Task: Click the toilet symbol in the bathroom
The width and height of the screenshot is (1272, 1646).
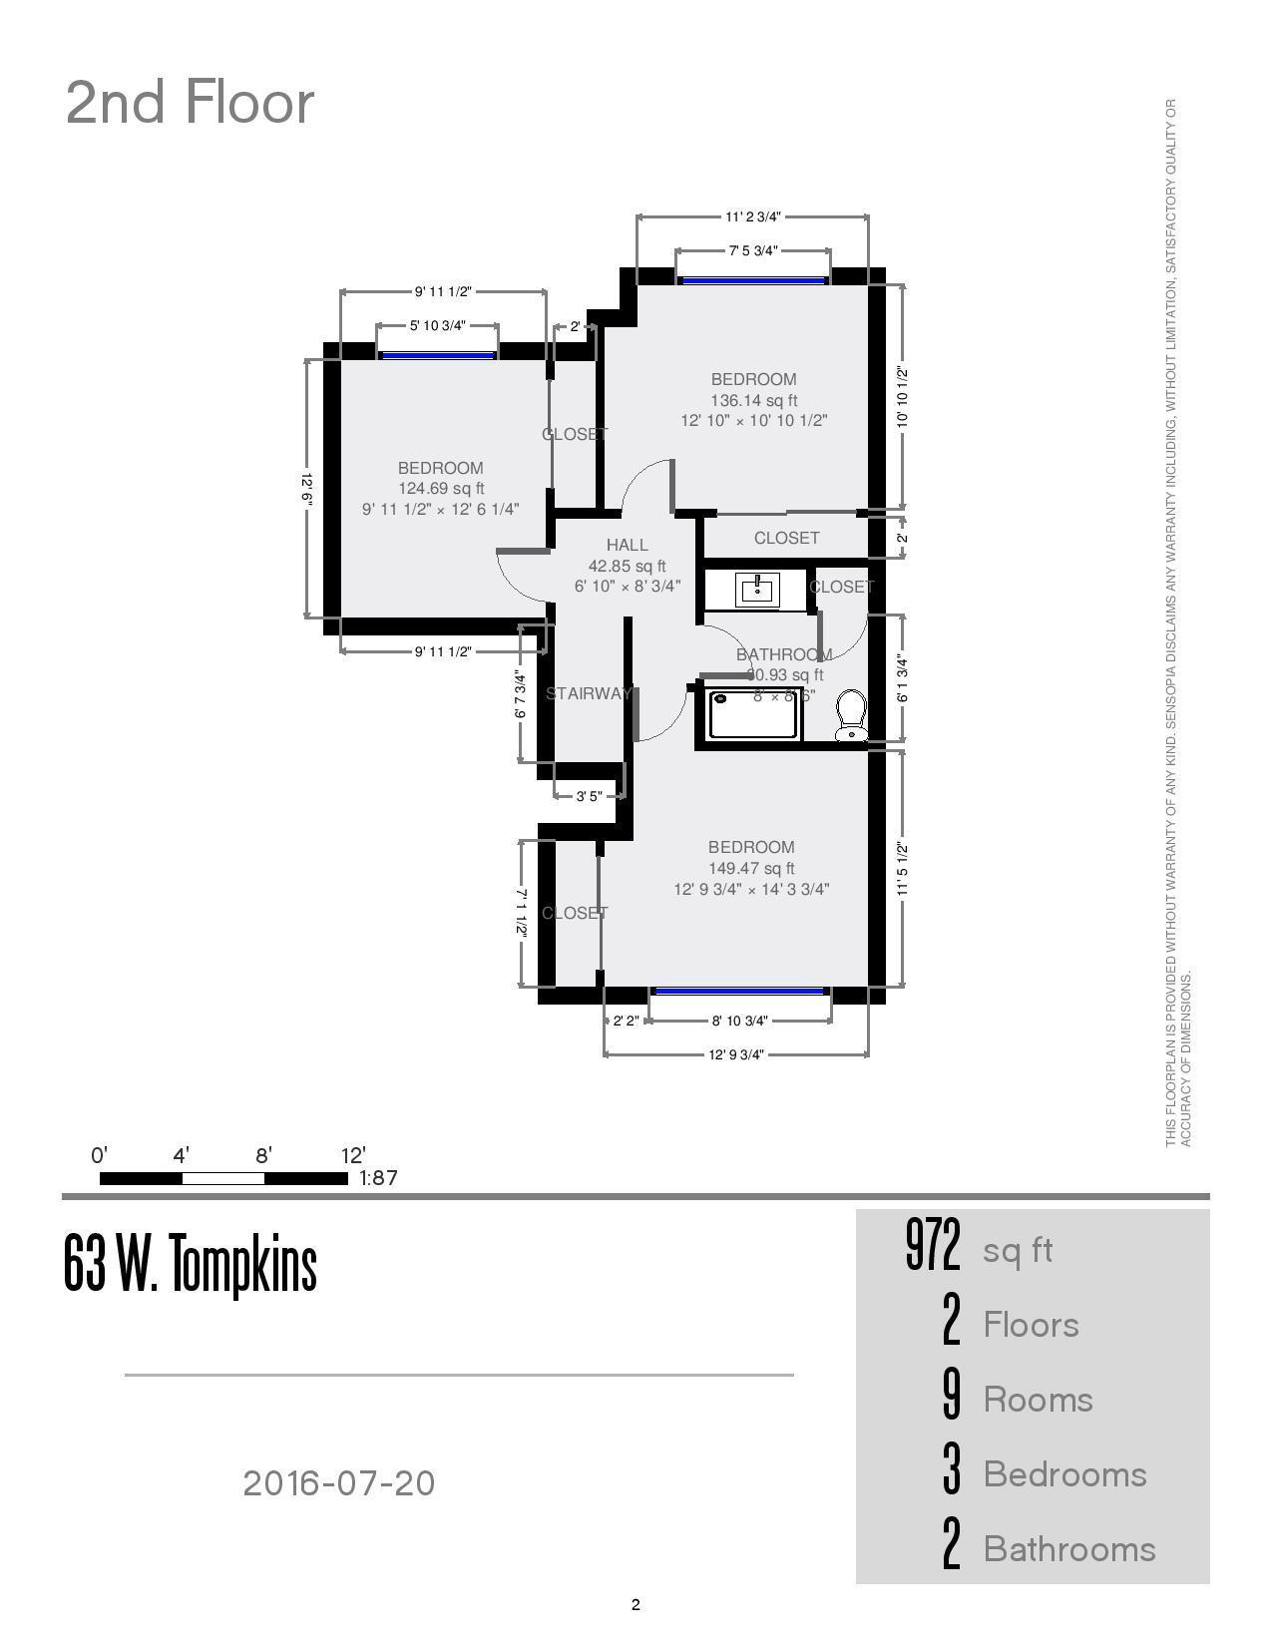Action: point(851,715)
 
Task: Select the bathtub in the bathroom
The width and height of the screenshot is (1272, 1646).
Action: point(754,714)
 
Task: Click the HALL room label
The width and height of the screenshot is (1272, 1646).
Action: point(627,545)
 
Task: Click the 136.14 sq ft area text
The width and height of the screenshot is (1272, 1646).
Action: point(753,400)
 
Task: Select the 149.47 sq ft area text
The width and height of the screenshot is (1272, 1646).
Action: point(751,869)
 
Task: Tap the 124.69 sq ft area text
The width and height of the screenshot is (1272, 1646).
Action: point(440,489)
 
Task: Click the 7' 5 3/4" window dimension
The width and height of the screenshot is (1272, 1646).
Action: point(752,251)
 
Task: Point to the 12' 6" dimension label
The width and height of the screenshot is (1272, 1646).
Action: point(307,490)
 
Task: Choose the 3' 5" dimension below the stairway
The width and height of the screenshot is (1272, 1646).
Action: point(589,796)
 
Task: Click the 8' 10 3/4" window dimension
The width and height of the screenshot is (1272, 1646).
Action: point(739,1021)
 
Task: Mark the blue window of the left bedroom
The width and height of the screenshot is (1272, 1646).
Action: point(437,355)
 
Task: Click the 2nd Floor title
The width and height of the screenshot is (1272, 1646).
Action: point(190,103)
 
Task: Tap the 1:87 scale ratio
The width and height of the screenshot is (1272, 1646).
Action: point(378,1178)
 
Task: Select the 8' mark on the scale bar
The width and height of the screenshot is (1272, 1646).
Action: point(263,1156)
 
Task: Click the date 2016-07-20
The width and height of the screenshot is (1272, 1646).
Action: point(339,1483)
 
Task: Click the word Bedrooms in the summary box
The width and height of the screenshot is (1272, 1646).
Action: point(1064,1474)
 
